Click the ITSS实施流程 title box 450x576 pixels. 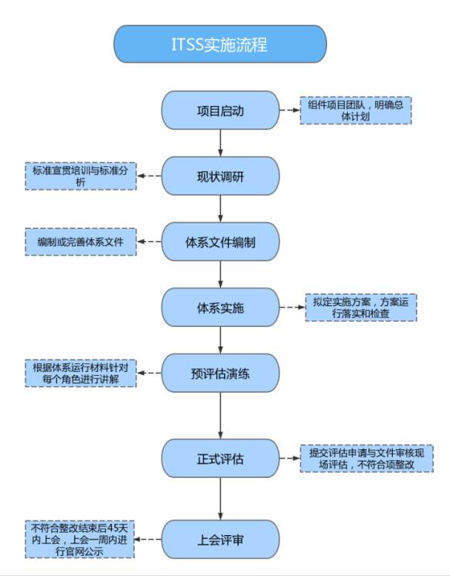click(220, 44)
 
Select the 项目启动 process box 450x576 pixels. click(220, 111)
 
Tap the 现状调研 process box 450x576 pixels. click(220, 176)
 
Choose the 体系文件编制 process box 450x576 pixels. click(220, 242)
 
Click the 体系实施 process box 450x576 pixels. click(220, 308)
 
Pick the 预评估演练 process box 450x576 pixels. click(220, 373)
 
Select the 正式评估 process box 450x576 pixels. click(220, 458)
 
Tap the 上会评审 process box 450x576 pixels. click(220, 539)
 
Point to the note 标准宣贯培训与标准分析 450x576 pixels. click(81, 176)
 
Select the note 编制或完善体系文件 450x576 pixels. click(81, 242)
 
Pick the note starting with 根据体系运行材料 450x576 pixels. click(81, 373)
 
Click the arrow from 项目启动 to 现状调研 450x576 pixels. click(220, 143)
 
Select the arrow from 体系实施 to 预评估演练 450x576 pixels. click(220, 340)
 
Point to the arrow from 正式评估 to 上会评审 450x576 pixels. click(220, 499)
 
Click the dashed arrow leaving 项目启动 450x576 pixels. click(289, 111)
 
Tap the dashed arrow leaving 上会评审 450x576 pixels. click(150, 539)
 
